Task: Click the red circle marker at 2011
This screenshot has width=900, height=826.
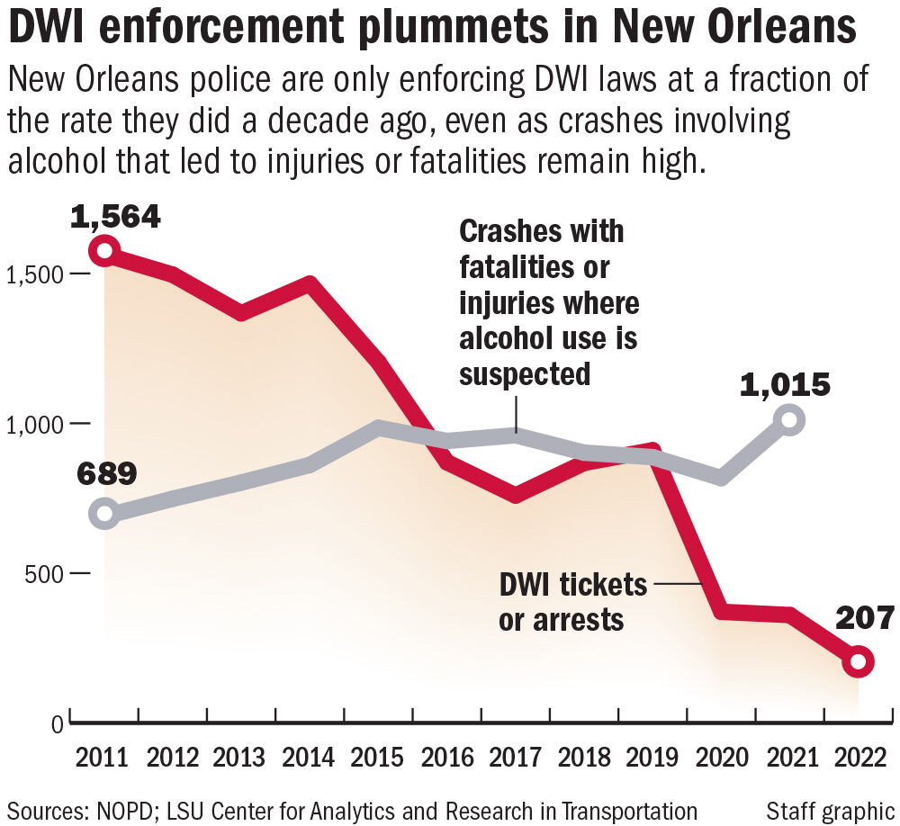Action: coord(105,250)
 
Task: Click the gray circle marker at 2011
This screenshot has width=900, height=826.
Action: coord(105,514)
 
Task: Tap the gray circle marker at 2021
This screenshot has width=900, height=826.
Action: coord(789,419)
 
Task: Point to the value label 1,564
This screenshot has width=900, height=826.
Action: coord(116,216)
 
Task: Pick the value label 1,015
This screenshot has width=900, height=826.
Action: coord(784,386)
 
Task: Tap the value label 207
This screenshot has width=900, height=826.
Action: coord(865,619)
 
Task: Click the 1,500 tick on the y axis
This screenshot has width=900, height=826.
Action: coord(32,274)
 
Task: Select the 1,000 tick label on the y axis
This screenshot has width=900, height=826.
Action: coord(32,423)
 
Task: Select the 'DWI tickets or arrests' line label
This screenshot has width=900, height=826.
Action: coord(572,601)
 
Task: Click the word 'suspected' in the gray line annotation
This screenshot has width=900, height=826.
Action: coord(525,373)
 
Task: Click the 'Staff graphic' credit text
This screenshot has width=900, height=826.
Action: coord(831,809)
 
